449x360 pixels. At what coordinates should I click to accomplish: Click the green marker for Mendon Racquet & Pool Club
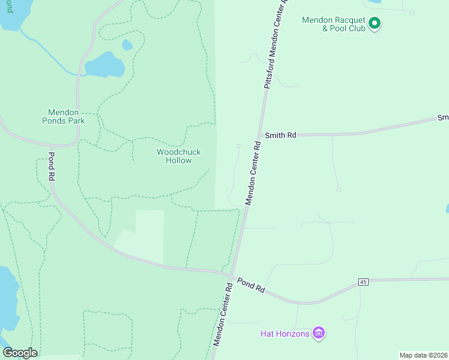pos(375,24)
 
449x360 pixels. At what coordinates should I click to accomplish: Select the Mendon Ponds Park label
pos(67,116)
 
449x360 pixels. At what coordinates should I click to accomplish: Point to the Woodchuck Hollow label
pos(179,156)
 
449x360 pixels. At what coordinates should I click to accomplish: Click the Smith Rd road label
pos(281,136)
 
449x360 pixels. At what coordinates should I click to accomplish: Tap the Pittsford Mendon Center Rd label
pos(276,45)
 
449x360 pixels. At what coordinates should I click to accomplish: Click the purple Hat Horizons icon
pos(318,333)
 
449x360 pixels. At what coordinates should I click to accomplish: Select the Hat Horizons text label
pos(285,334)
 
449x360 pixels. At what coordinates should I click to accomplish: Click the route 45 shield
pos(363,281)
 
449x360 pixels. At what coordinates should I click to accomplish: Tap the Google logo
pos(20,353)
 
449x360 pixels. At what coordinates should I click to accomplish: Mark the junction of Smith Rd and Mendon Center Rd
pos(258,136)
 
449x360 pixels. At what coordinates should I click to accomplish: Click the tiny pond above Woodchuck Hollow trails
pos(127,45)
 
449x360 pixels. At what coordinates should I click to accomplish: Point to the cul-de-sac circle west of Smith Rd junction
pos(238,146)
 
